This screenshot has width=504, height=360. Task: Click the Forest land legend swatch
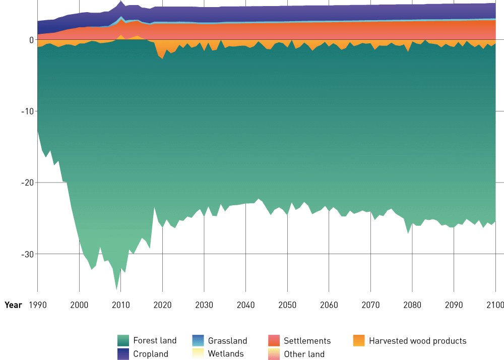tap(123, 341)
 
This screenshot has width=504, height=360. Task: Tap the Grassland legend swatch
tap(199, 341)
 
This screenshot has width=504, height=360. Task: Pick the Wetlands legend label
tap(225, 354)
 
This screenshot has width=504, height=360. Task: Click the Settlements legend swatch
tap(274, 341)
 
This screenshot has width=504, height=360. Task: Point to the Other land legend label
tap(304, 354)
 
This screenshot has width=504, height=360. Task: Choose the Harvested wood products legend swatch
tap(359, 341)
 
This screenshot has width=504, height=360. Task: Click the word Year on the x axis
tap(13, 305)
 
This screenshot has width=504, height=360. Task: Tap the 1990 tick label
tap(37, 305)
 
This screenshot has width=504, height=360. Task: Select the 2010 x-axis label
tap(120, 305)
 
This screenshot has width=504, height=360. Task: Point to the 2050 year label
tap(287, 305)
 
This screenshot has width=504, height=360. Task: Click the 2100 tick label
tap(495, 305)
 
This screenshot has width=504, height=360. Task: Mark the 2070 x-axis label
tap(370, 305)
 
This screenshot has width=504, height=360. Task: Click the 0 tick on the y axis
tap(31, 40)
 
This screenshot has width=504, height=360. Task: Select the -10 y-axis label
tap(27, 111)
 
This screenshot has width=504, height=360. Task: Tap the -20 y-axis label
tap(27, 183)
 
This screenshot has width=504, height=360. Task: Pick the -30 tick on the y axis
tap(27, 254)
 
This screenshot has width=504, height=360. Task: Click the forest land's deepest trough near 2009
tap(117, 289)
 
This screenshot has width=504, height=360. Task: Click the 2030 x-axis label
tap(204, 305)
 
